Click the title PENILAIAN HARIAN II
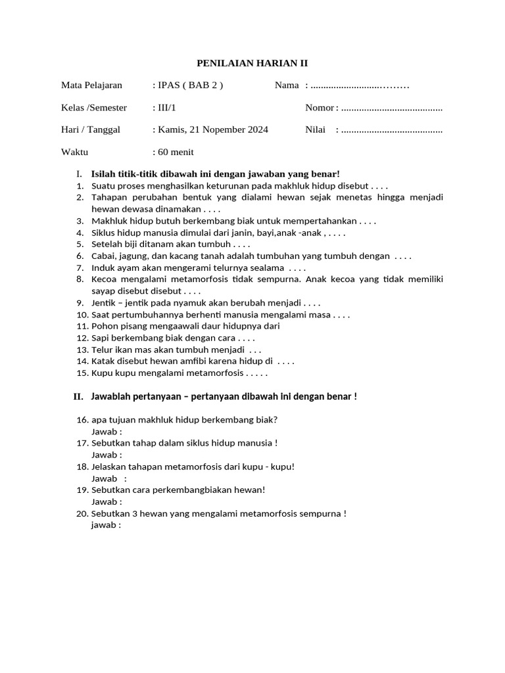coord(252,63)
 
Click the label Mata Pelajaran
coord(91,85)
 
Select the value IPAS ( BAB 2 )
coord(187,85)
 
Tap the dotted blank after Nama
coord(360,85)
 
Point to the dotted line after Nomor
coord(392,108)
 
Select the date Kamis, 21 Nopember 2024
coord(210,130)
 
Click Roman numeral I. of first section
coord(79,174)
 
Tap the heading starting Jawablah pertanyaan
coord(224,397)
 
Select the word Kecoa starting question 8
coord(103,279)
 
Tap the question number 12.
coord(82,338)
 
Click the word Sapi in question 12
coord(100,338)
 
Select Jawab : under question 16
coord(107,432)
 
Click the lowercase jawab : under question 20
coord(106,525)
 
